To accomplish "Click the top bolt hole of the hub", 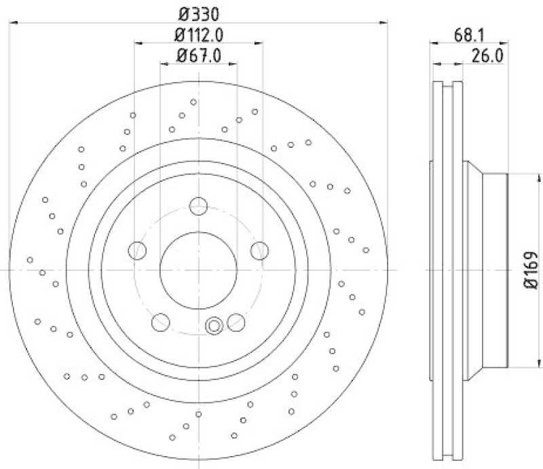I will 199,206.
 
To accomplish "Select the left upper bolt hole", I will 137,250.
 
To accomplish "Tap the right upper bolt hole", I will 259,250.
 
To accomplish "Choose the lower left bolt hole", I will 161,322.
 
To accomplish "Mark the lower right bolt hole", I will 236,322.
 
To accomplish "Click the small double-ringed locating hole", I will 214,326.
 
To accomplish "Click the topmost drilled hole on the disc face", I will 194,102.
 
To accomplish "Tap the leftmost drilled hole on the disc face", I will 30,259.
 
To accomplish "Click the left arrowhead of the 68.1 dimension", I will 436,43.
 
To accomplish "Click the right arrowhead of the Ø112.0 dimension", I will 260,43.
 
